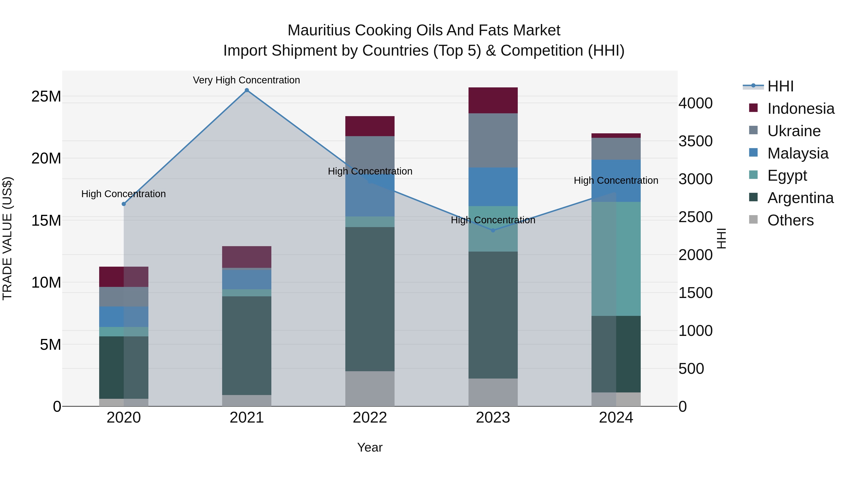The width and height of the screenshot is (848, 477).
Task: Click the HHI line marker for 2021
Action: (247, 90)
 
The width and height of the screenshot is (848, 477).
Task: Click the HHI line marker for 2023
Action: (493, 230)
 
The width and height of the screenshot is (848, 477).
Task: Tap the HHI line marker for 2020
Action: (124, 204)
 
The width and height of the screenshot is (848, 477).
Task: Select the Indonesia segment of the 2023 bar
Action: (493, 100)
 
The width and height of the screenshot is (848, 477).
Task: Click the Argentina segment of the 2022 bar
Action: (370, 299)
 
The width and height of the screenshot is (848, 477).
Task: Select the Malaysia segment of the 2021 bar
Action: (247, 279)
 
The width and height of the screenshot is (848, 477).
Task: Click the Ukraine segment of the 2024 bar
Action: (616, 149)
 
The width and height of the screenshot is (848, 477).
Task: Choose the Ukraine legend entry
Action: (794, 131)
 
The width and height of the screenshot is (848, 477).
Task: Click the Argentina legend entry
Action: (800, 198)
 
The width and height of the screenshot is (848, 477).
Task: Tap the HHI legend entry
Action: (780, 86)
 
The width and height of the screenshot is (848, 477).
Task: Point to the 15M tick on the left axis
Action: (46, 220)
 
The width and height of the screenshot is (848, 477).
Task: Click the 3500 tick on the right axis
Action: (695, 141)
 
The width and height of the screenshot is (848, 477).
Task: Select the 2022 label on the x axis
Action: (370, 418)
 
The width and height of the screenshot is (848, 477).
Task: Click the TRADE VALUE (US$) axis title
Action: (7, 238)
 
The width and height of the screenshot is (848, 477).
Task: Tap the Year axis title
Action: (370, 447)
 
